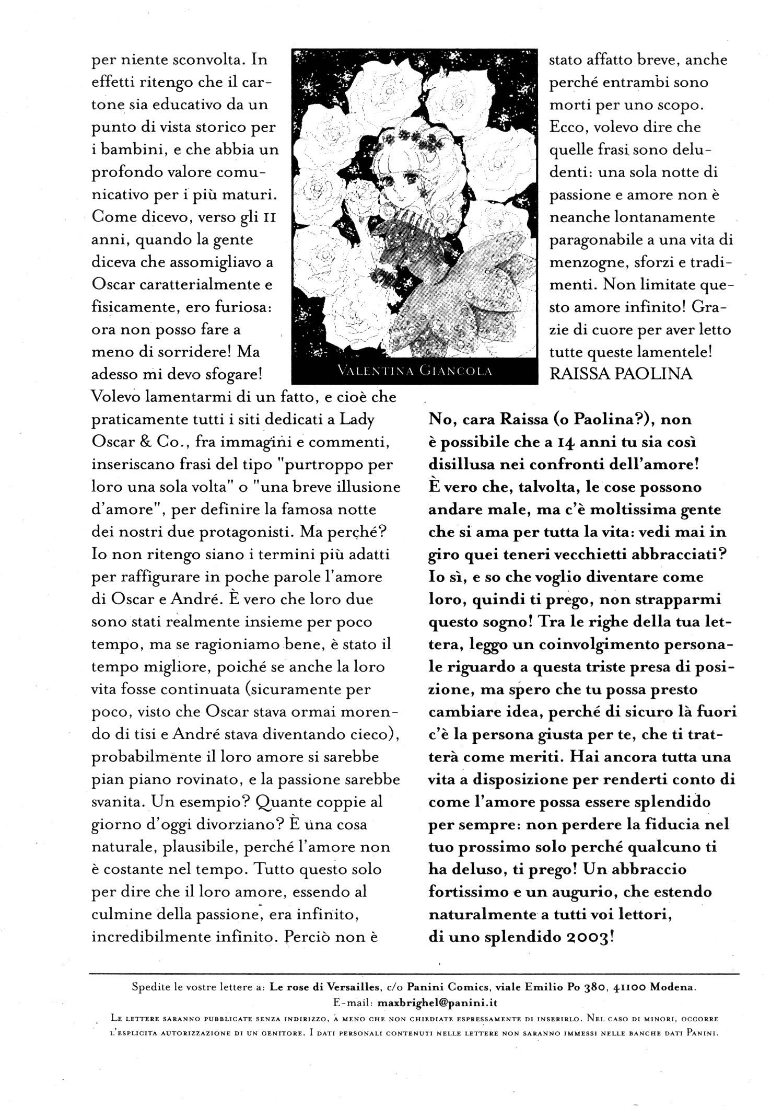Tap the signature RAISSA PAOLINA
point(621,374)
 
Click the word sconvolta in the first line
point(206,60)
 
